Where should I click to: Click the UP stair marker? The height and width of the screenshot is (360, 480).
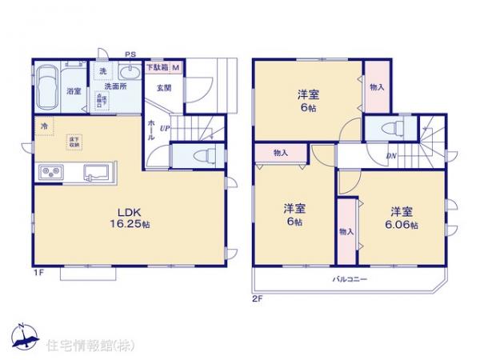(164, 128)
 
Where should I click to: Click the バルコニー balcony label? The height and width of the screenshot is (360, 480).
(350, 280)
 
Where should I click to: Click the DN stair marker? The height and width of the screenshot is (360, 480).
(392, 156)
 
